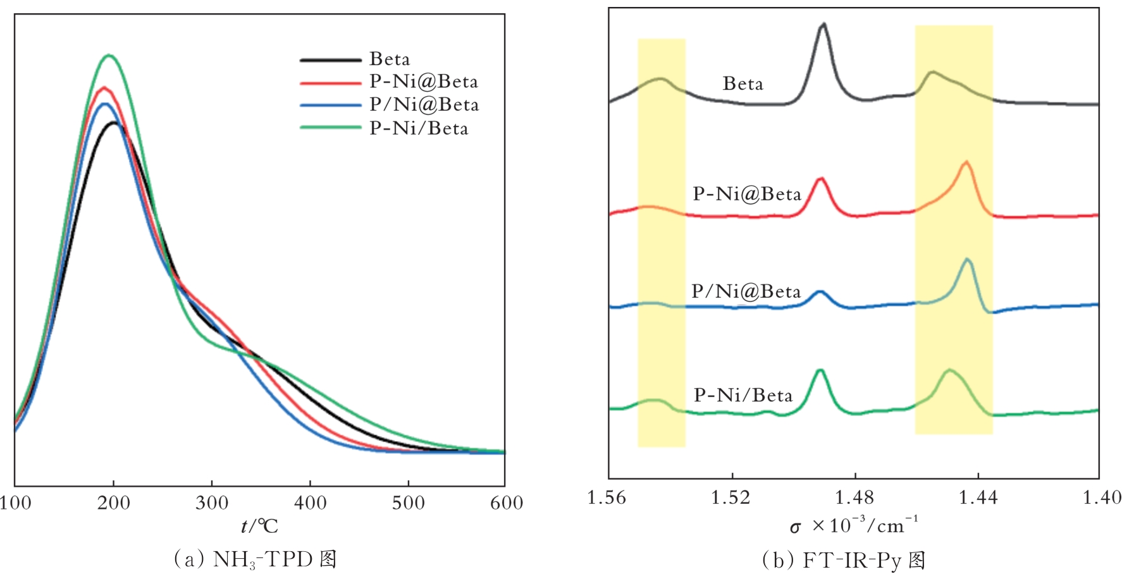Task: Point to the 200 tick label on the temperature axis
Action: [x=114, y=503]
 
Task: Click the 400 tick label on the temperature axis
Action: [x=311, y=503]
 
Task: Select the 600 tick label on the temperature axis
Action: [x=507, y=503]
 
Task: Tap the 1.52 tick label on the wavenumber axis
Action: [x=731, y=498]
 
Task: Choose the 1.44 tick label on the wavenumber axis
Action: [x=978, y=498]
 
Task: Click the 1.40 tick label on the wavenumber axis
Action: [x=1102, y=498]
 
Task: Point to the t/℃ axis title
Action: [x=259, y=526]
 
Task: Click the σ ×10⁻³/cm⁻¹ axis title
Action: [x=854, y=526]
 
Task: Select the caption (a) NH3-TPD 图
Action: [x=255, y=559]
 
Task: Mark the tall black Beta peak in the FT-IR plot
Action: [x=823, y=25]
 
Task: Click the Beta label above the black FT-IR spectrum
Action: [x=743, y=84]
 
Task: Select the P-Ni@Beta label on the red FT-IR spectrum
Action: [x=747, y=194]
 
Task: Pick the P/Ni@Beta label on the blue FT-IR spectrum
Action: [x=746, y=291]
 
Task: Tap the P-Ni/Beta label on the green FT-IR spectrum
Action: [x=743, y=396]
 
